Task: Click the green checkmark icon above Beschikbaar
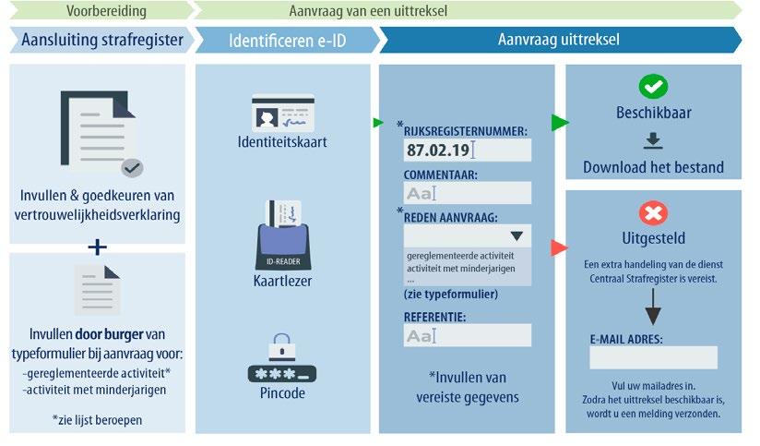pos(653,87)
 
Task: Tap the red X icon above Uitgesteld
pos(653,214)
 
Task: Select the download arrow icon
pos(653,141)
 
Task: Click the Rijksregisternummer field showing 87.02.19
pos(467,151)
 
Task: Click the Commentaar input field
pos(467,193)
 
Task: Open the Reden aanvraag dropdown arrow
pos(516,236)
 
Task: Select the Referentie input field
pos(467,335)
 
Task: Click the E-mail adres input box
pos(653,357)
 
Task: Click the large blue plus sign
pos(97,247)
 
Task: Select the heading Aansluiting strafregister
pos(101,41)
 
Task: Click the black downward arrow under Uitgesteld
pos(653,304)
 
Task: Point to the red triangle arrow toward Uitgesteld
pos(558,247)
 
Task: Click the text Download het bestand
pos(653,168)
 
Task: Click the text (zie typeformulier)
pos(451,295)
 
